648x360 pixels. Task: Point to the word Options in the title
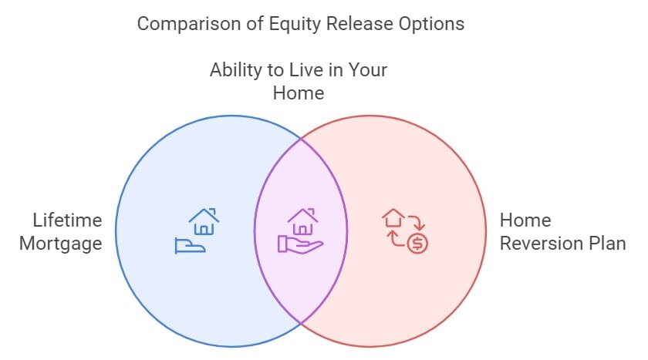[431, 24]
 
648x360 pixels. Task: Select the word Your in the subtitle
[367, 69]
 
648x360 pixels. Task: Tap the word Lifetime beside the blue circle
[67, 220]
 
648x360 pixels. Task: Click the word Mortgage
[61, 244]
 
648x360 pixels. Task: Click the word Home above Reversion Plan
[525, 220]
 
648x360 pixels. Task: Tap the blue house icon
[204, 222]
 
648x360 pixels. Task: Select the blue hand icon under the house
[190, 245]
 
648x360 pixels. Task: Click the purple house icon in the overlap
[303, 222]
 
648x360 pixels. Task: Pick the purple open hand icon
[300, 244]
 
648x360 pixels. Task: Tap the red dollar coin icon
[417, 243]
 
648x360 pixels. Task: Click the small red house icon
[393, 218]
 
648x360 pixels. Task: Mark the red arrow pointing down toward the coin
[418, 223]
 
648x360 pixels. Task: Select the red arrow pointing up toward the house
[395, 239]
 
